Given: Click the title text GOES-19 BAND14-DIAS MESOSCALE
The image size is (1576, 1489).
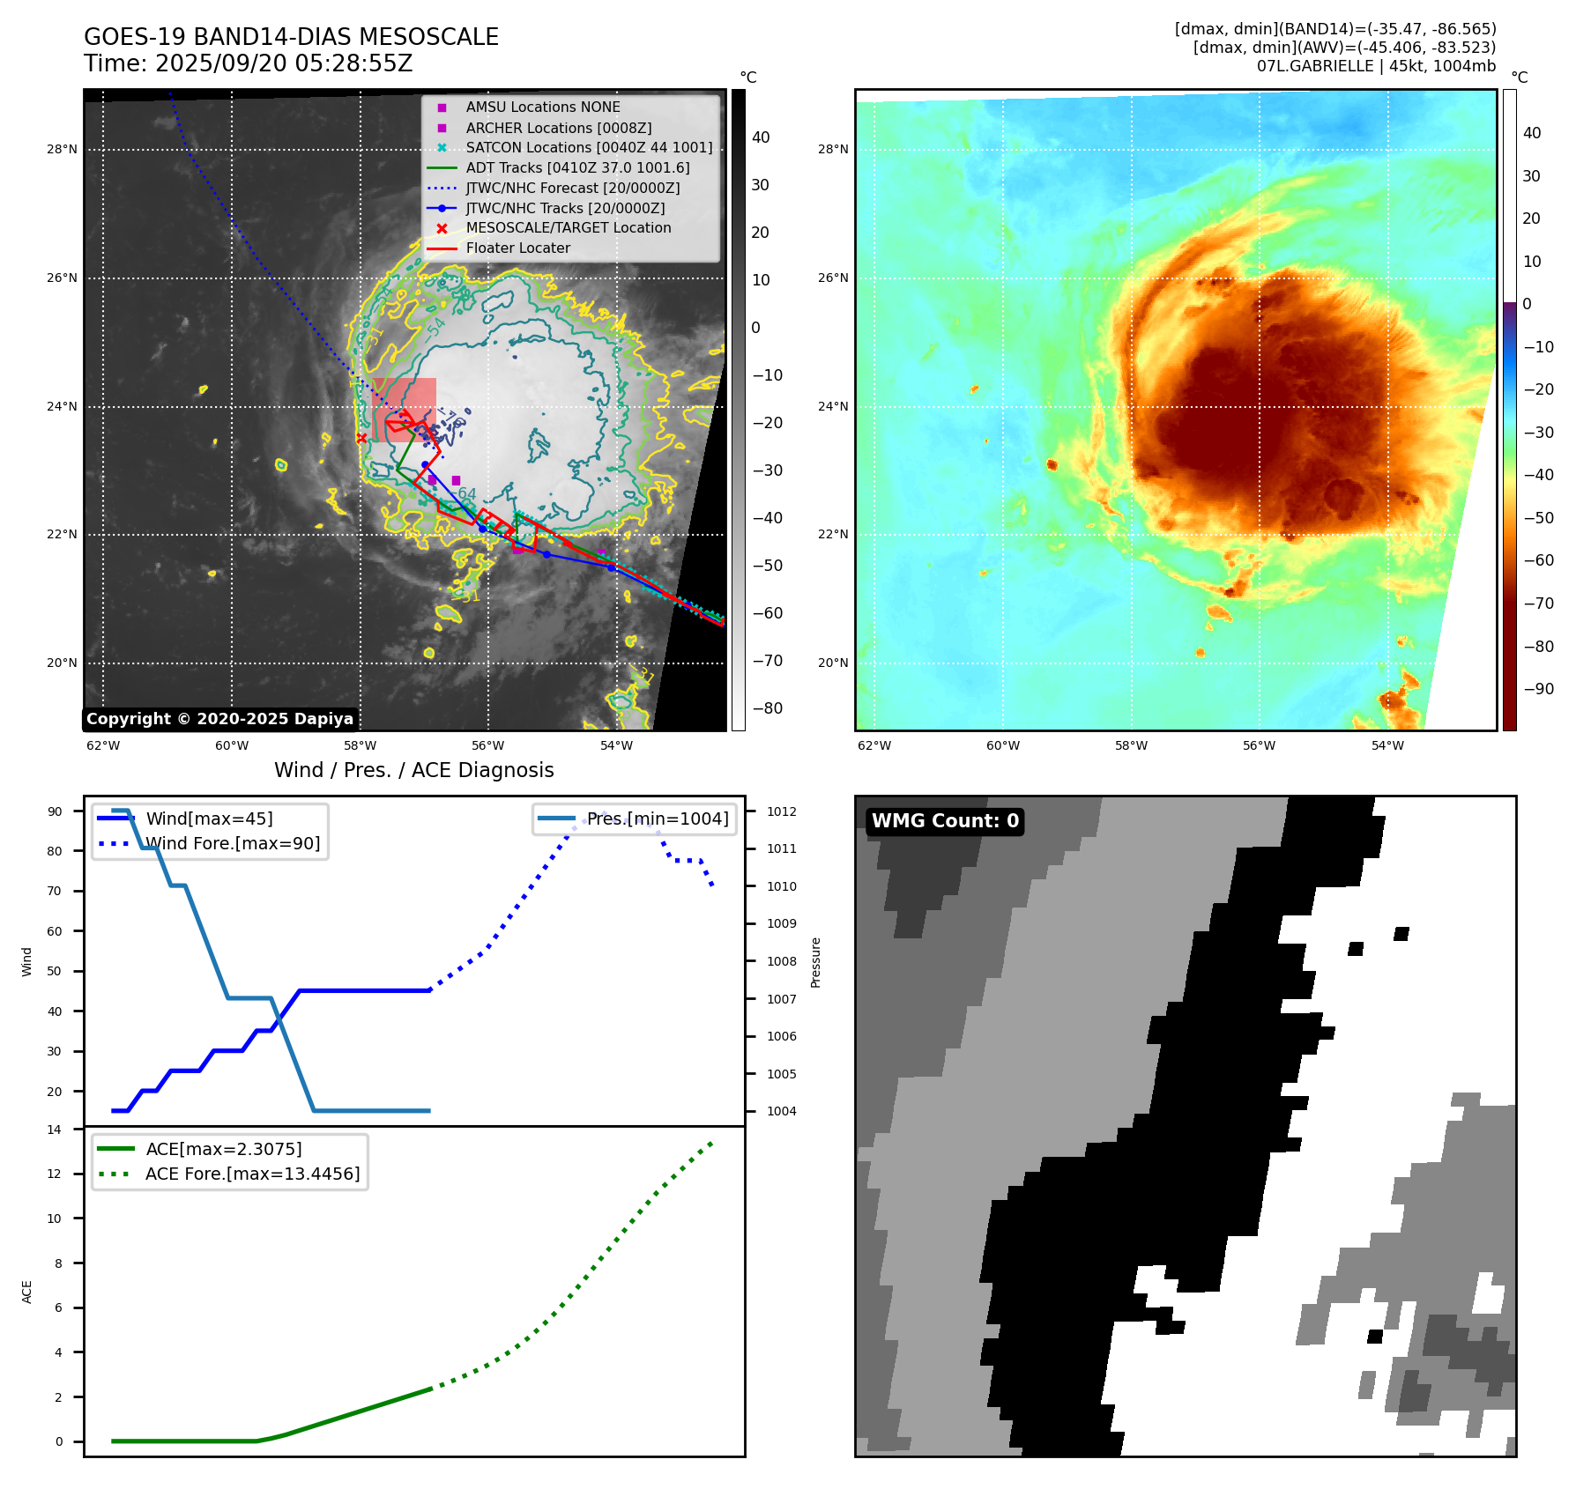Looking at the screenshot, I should click(x=291, y=37).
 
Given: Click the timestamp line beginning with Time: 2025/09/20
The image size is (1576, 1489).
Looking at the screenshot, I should click(x=248, y=63).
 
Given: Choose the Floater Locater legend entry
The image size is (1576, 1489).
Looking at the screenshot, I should click(x=517, y=248).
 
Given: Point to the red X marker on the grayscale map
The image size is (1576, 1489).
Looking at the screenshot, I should click(x=361, y=438).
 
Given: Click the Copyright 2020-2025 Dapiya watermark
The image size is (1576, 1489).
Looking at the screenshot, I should click(x=219, y=719).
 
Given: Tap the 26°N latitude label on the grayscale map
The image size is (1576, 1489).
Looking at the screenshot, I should click(x=62, y=278).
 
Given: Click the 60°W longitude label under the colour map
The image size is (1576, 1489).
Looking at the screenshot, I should click(x=1002, y=745).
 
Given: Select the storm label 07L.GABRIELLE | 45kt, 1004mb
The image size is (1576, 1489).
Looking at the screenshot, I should click(x=1376, y=66).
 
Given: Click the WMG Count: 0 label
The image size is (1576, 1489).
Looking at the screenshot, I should click(x=945, y=821).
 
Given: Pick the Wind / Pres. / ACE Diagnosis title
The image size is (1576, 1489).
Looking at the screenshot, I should click(x=413, y=770).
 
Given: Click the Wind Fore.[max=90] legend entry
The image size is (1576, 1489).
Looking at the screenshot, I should click(x=233, y=843).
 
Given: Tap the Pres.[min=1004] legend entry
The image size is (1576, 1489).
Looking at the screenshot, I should click(x=658, y=819).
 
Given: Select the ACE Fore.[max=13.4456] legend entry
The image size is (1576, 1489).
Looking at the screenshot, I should click(x=252, y=1174).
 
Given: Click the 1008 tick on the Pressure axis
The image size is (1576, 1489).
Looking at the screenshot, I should click(x=781, y=961).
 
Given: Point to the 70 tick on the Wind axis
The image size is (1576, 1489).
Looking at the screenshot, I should click(x=55, y=891).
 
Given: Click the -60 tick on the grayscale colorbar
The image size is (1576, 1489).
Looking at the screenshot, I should click(x=766, y=613).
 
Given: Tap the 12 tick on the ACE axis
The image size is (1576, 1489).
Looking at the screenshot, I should click(x=55, y=1174).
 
